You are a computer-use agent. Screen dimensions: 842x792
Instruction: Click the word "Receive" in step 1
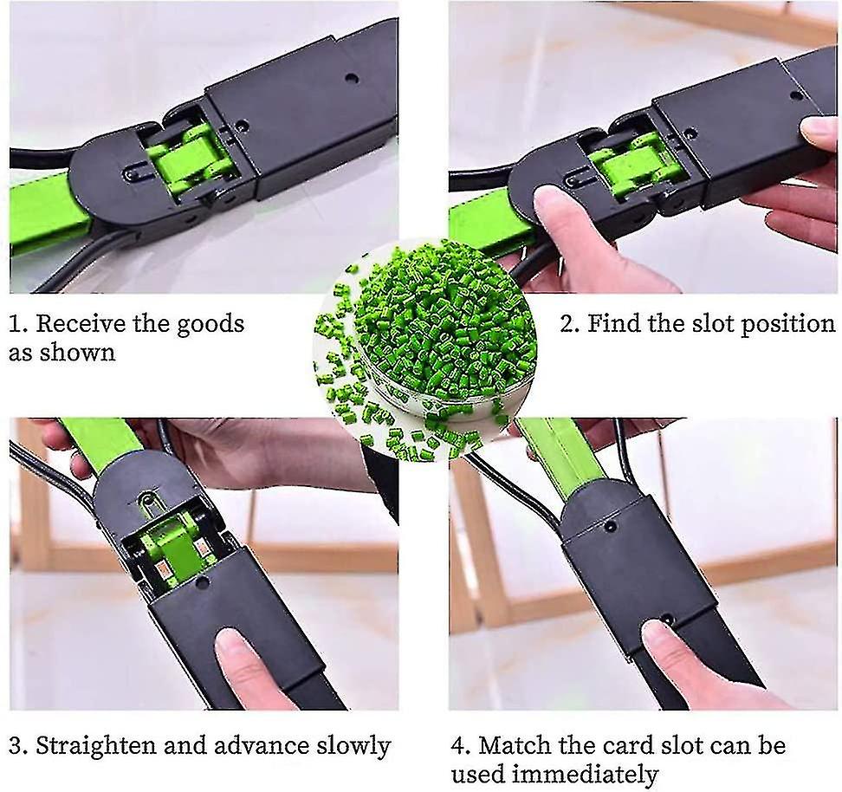81,324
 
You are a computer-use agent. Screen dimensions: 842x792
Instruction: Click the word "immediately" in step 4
585,775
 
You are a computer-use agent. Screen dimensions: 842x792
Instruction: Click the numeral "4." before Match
461,746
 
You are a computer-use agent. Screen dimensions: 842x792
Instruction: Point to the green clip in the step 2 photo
628,163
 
